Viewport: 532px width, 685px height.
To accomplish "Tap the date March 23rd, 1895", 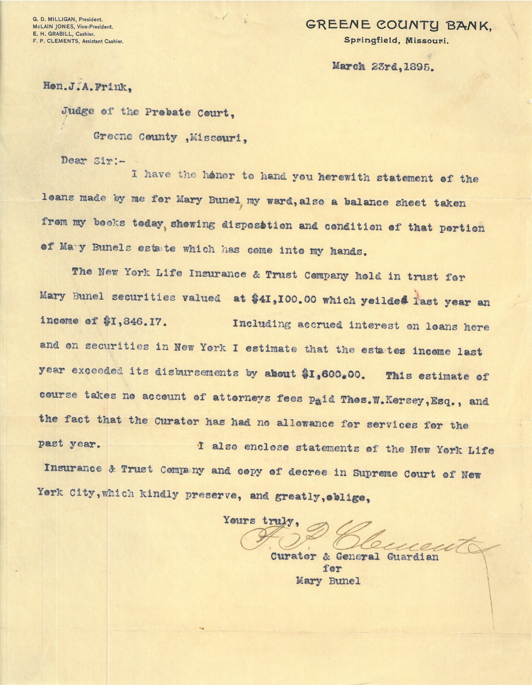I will point(382,67).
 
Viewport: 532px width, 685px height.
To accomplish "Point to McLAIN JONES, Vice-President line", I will point(73,27).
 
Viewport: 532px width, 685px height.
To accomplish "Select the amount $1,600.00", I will point(333,374).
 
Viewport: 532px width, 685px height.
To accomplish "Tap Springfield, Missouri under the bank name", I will point(396,41).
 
